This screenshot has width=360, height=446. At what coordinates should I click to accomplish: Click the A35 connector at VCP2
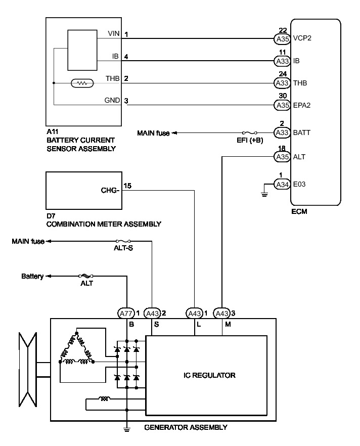(x=282, y=38)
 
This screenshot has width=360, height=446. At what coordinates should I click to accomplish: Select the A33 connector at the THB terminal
(x=282, y=83)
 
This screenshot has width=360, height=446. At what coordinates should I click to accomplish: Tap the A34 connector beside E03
(x=282, y=185)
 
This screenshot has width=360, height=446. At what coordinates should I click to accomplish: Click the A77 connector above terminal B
(x=126, y=313)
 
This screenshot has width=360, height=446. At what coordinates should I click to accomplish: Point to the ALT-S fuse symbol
(x=123, y=241)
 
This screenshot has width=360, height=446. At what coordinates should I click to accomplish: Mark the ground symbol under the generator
(x=126, y=431)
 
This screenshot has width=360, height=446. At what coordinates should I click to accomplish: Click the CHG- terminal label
(x=110, y=191)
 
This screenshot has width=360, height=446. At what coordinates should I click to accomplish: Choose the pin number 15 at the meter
(x=128, y=186)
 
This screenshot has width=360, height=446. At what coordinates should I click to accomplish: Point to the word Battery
(x=32, y=277)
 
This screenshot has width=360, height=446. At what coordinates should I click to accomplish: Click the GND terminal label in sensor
(x=112, y=100)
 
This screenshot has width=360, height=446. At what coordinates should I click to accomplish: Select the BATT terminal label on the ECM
(x=302, y=132)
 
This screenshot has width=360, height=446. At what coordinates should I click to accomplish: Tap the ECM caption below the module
(x=300, y=212)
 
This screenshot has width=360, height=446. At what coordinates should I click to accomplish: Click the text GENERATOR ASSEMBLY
(x=186, y=427)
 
